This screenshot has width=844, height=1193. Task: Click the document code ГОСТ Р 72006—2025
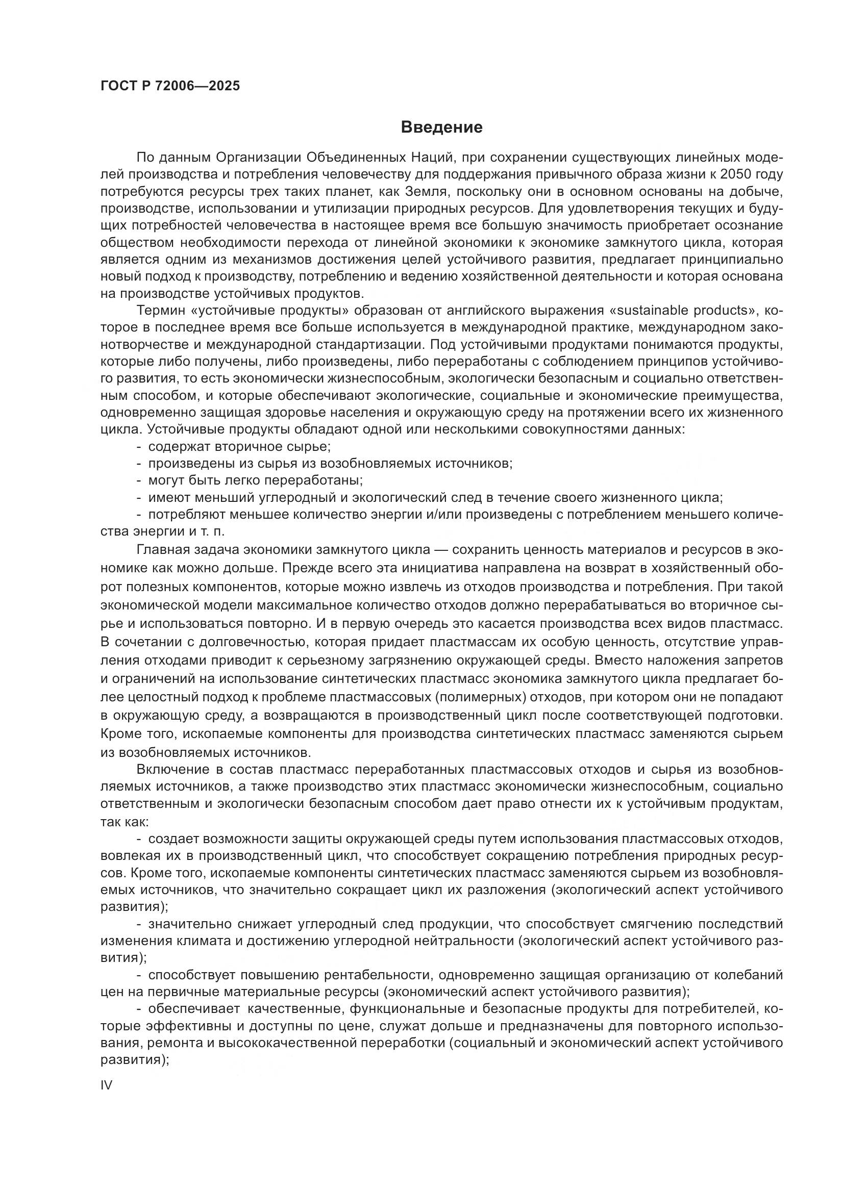click(x=170, y=86)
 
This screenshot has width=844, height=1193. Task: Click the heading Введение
click(x=442, y=128)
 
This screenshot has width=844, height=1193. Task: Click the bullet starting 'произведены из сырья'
click(x=330, y=464)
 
